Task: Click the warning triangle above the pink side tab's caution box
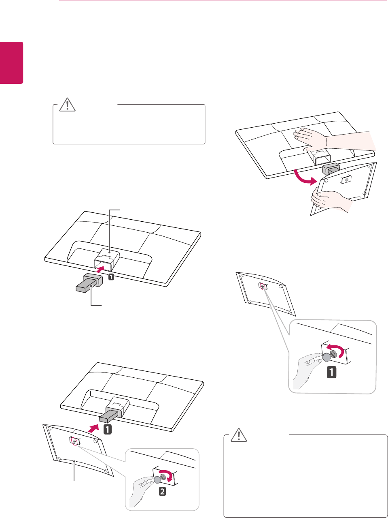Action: (67, 105)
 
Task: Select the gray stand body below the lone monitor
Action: (89, 283)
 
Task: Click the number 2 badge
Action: (162, 492)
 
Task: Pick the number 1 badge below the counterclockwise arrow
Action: (331, 372)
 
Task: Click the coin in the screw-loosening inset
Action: (327, 357)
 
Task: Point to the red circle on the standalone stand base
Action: (262, 286)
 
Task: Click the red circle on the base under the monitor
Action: (73, 441)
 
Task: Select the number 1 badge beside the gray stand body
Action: (110, 278)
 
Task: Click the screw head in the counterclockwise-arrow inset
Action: (333, 353)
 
